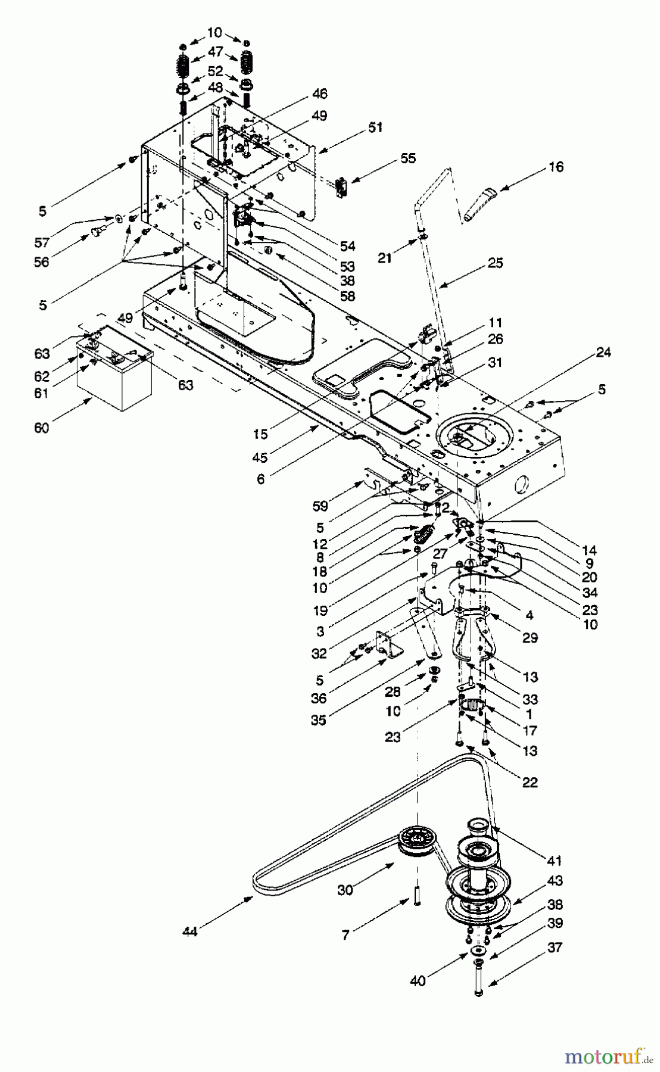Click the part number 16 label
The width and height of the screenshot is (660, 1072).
(x=556, y=167)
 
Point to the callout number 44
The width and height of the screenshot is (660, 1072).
(x=190, y=931)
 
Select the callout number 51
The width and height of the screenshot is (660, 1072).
(x=375, y=127)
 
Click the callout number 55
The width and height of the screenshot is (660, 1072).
(x=408, y=158)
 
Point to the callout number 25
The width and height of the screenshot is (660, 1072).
(x=496, y=263)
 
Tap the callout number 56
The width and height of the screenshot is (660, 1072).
(x=42, y=261)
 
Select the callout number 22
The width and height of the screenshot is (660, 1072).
(x=530, y=783)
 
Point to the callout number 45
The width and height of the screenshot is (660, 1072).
(x=260, y=457)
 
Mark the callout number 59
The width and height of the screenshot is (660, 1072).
(x=320, y=506)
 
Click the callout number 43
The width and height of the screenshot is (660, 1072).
(x=555, y=881)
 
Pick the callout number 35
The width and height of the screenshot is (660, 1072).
(x=319, y=720)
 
